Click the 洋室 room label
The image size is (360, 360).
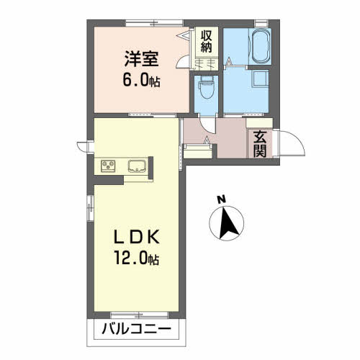[141, 59]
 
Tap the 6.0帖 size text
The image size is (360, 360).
[141, 80]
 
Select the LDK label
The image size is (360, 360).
[137, 237]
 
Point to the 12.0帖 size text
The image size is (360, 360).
[137, 257]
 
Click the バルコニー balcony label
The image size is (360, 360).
[137, 329]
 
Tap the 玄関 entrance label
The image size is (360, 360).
[260, 144]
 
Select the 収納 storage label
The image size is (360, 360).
[207, 42]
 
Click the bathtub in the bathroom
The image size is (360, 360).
[260, 45]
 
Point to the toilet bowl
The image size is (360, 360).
[207, 88]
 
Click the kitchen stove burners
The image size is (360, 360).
[108, 166]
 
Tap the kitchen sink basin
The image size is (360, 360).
[137, 166]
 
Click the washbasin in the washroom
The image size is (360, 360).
[260, 78]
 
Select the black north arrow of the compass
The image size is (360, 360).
[228, 222]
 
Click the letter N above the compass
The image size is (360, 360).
[222, 199]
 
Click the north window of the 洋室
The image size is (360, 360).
[154, 23]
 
